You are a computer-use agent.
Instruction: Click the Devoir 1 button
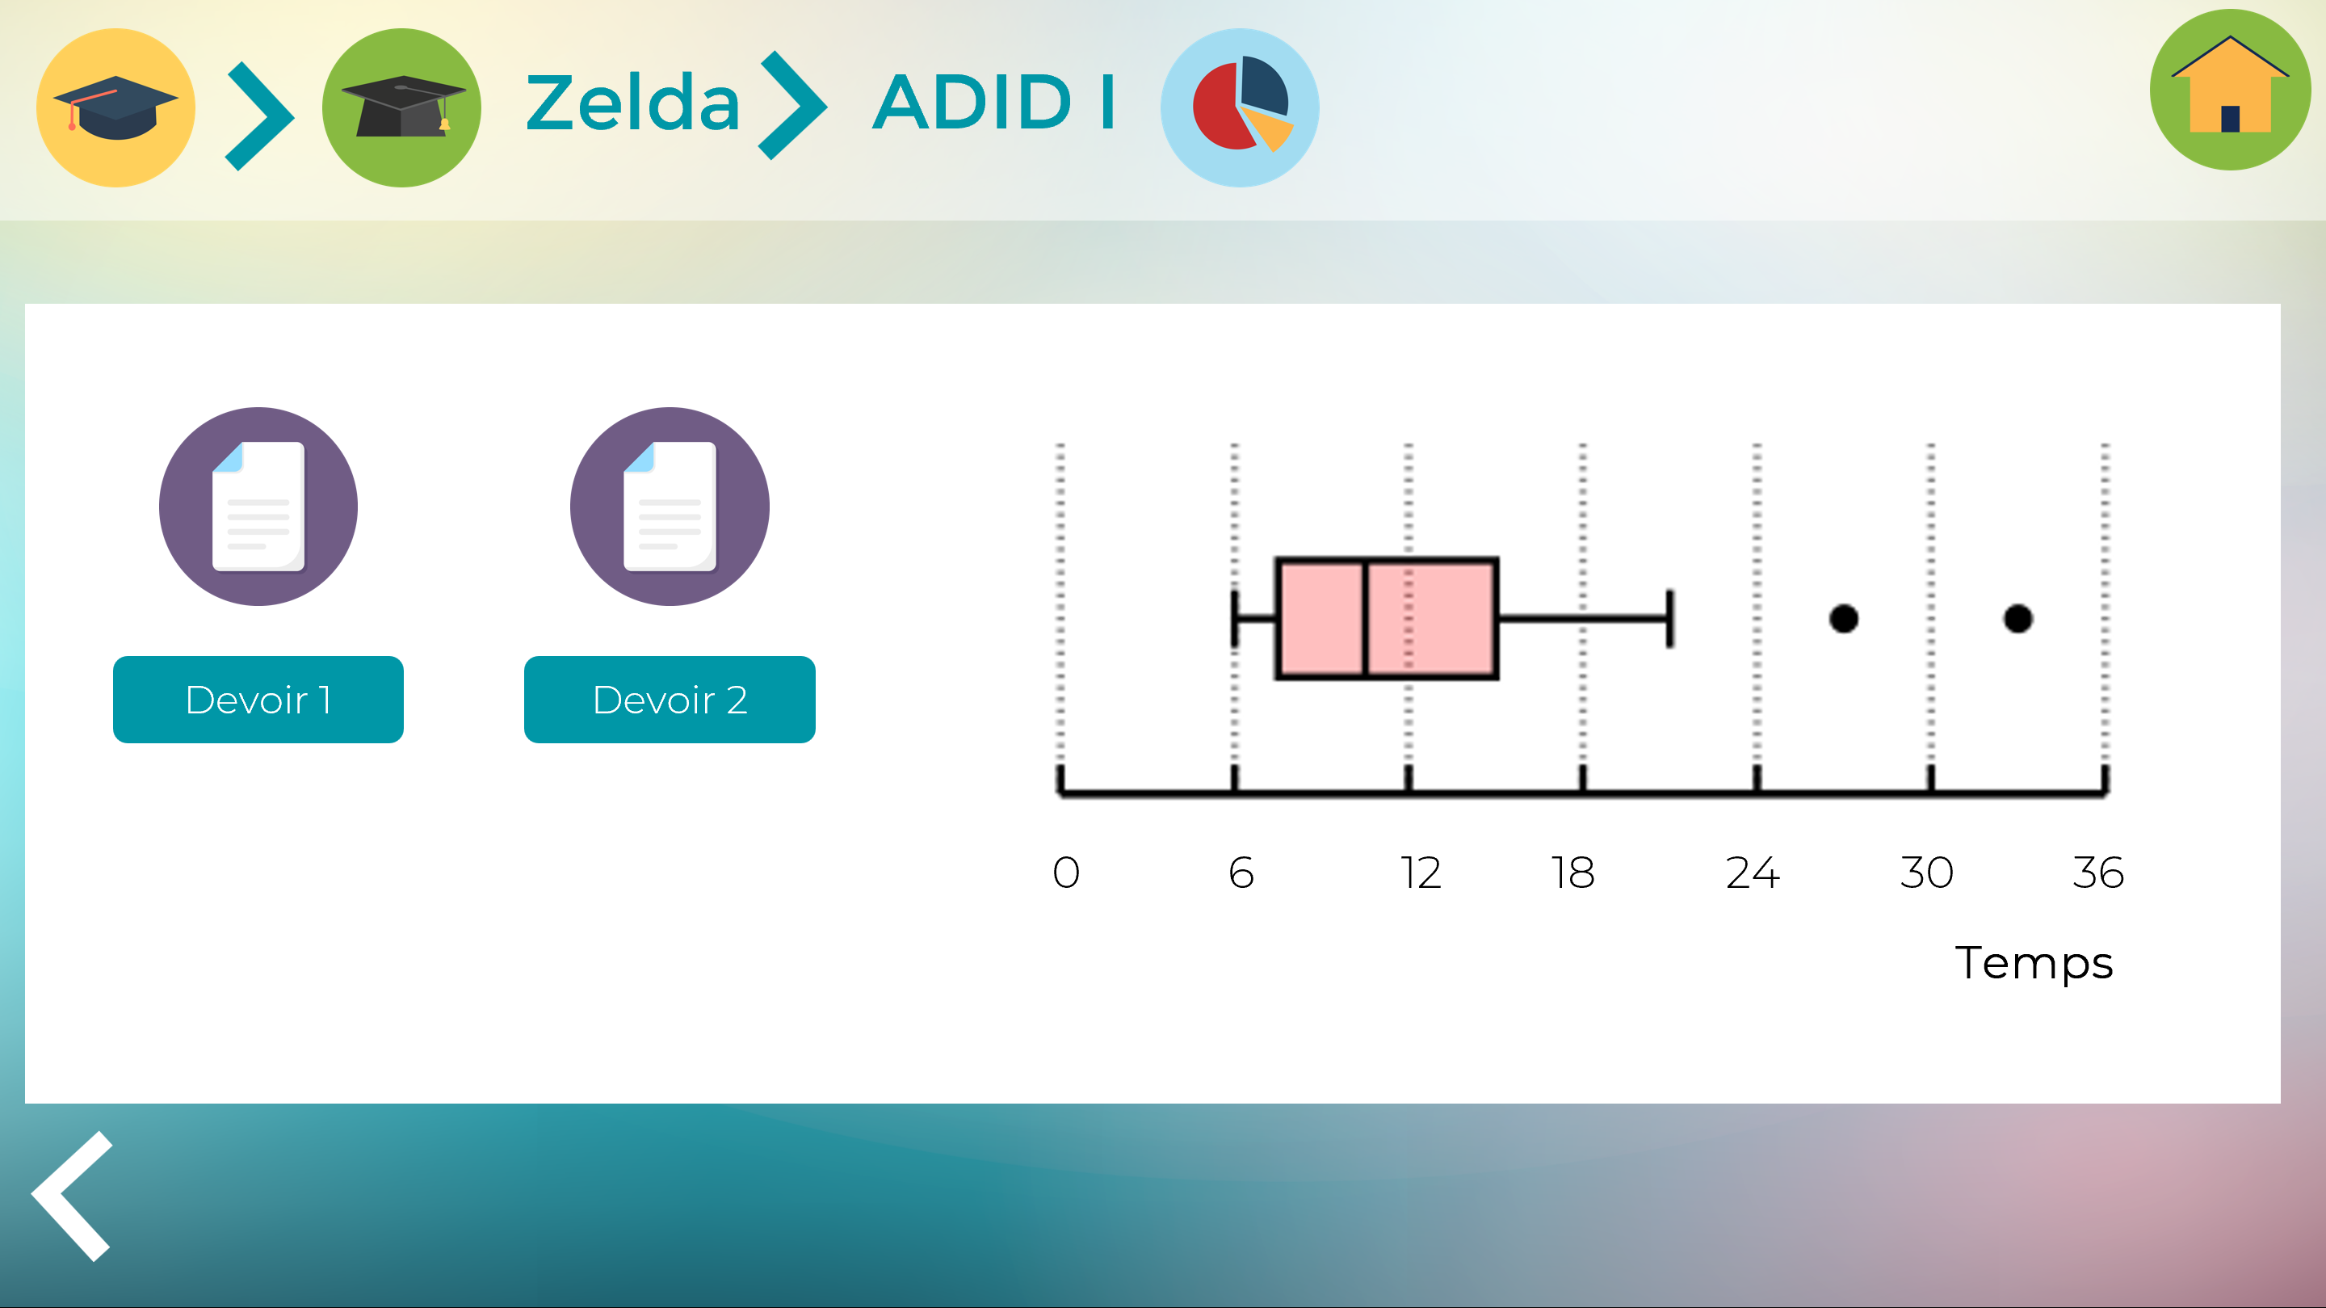coord(258,699)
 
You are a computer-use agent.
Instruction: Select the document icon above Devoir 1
coord(258,507)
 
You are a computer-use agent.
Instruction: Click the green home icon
coord(2229,90)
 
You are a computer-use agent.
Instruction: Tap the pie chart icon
coord(1239,107)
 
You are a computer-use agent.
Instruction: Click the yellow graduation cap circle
coord(115,107)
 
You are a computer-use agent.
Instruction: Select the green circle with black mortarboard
coord(402,107)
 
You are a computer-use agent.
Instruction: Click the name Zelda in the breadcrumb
coord(633,102)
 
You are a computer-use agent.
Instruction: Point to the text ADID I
coord(994,102)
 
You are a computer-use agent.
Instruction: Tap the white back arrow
coord(72,1195)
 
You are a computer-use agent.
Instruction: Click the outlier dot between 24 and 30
coord(1843,619)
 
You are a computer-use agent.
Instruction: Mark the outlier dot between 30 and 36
coord(2017,619)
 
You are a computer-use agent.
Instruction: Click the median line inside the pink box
coord(1365,619)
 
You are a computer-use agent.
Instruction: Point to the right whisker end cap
coord(1669,619)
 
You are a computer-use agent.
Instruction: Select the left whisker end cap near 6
coord(1234,619)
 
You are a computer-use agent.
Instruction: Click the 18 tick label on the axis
coord(1573,873)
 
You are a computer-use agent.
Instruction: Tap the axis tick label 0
coord(1065,873)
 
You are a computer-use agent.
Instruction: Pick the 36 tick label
coord(2097,873)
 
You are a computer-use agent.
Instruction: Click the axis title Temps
coord(2034,964)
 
